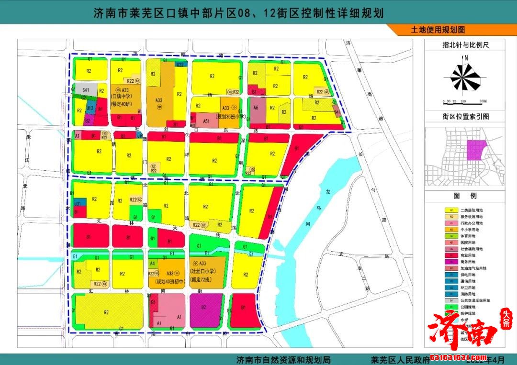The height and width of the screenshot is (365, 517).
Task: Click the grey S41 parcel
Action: [x=86, y=89]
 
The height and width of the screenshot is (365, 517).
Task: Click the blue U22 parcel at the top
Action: [x=180, y=64]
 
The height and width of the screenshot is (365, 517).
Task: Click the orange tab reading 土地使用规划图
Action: [x=438, y=29]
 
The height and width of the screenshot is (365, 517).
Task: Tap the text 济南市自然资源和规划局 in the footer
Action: [x=283, y=358]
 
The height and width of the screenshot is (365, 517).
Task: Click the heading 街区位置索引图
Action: [x=466, y=116]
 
